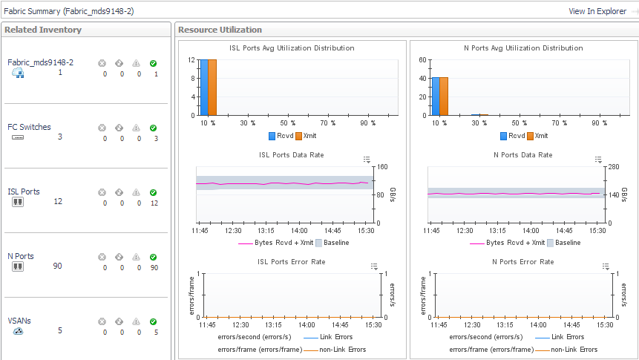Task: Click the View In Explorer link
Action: tap(597, 11)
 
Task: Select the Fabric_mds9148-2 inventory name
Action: tap(40, 62)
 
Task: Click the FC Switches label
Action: tap(29, 127)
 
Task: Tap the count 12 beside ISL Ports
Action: tap(58, 202)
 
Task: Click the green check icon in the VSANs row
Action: tap(153, 321)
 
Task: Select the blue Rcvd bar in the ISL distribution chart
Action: tap(204, 88)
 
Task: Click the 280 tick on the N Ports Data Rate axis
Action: tap(615, 166)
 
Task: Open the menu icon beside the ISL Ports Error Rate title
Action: tap(367, 266)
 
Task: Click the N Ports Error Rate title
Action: tap(523, 262)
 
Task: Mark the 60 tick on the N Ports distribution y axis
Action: tap(423, 60)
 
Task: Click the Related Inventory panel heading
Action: tap(43, 30)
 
